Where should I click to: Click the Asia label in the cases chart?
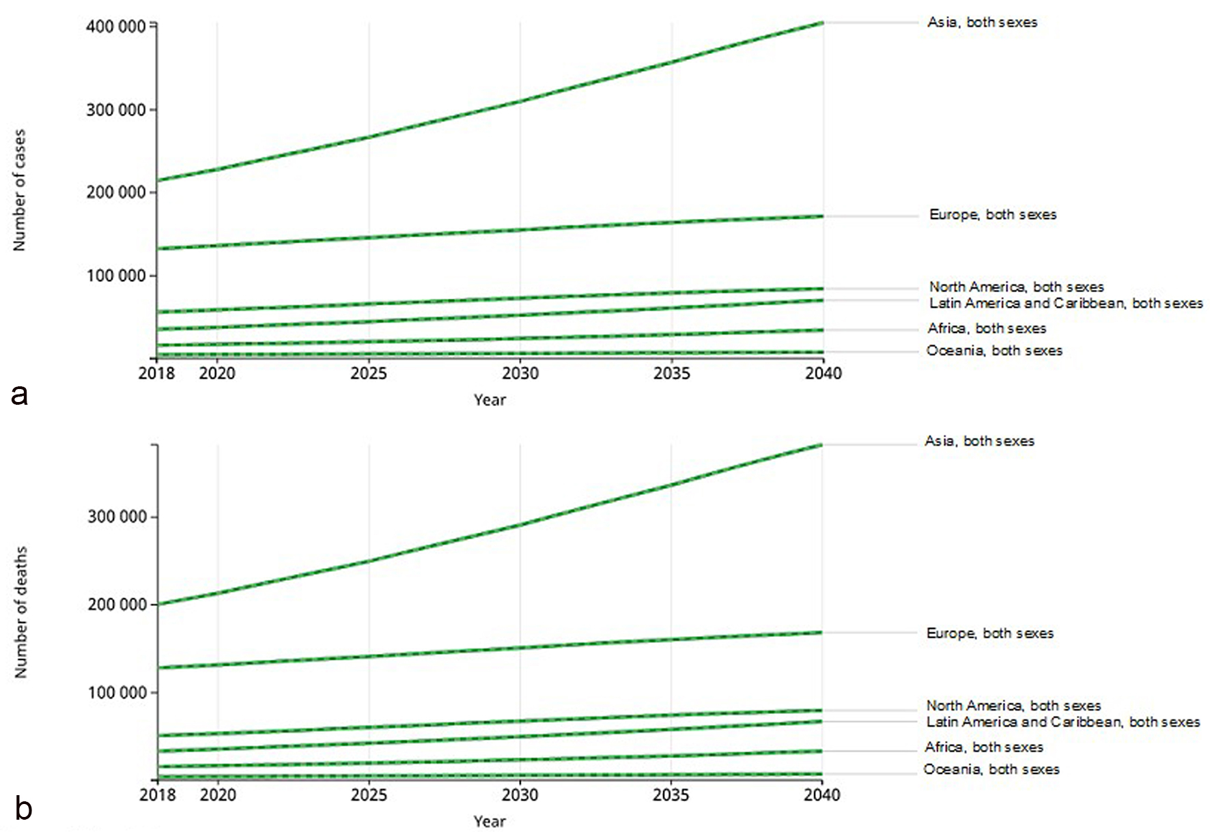tap(981, 23)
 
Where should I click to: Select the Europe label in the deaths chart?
tap(989, 633)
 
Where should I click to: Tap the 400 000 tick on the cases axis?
tap(116, 27)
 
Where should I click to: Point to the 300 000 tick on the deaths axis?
tap(117, 517)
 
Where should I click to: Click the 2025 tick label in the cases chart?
tap(369, 373)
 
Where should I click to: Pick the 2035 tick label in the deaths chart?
tap(671, 795)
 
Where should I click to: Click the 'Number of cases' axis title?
tap(19, 190)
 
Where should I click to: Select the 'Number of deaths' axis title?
tap(20, 612)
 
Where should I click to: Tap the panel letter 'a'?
tap(19, 395)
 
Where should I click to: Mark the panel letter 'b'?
tap(23, 809)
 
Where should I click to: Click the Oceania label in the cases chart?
tap(994, 351)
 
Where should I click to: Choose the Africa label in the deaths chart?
tap(983, 747)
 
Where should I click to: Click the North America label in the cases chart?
tap(1016, 287)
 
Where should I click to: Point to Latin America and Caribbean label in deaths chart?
tap(1063, 722)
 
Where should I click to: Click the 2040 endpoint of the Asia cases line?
tap(823, 23)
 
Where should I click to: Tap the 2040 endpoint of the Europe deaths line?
tap(821, 633)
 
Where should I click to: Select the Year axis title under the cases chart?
tap(490, 400)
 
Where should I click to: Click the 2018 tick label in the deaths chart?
tap(157, 795)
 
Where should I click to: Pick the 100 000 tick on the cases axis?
tap(116, 276)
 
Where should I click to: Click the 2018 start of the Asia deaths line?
tap(158, 604)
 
